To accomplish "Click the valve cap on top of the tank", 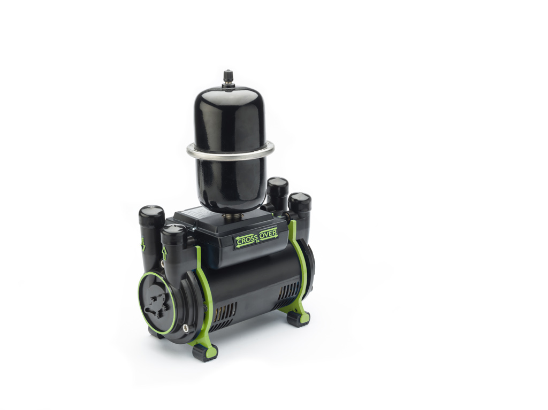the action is click(229, 75).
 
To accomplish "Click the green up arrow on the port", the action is click(164, 252).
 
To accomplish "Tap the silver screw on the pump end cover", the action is click(184, 328).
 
